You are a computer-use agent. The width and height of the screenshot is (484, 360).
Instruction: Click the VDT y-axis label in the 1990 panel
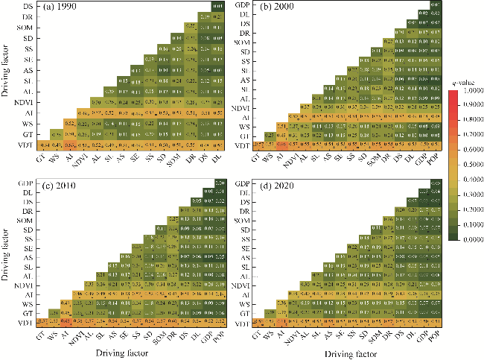coord(26,145)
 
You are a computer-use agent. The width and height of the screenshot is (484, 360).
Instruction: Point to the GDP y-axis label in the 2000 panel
coord(242,6)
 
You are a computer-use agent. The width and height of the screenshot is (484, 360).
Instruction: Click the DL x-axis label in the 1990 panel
coord(217,157)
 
